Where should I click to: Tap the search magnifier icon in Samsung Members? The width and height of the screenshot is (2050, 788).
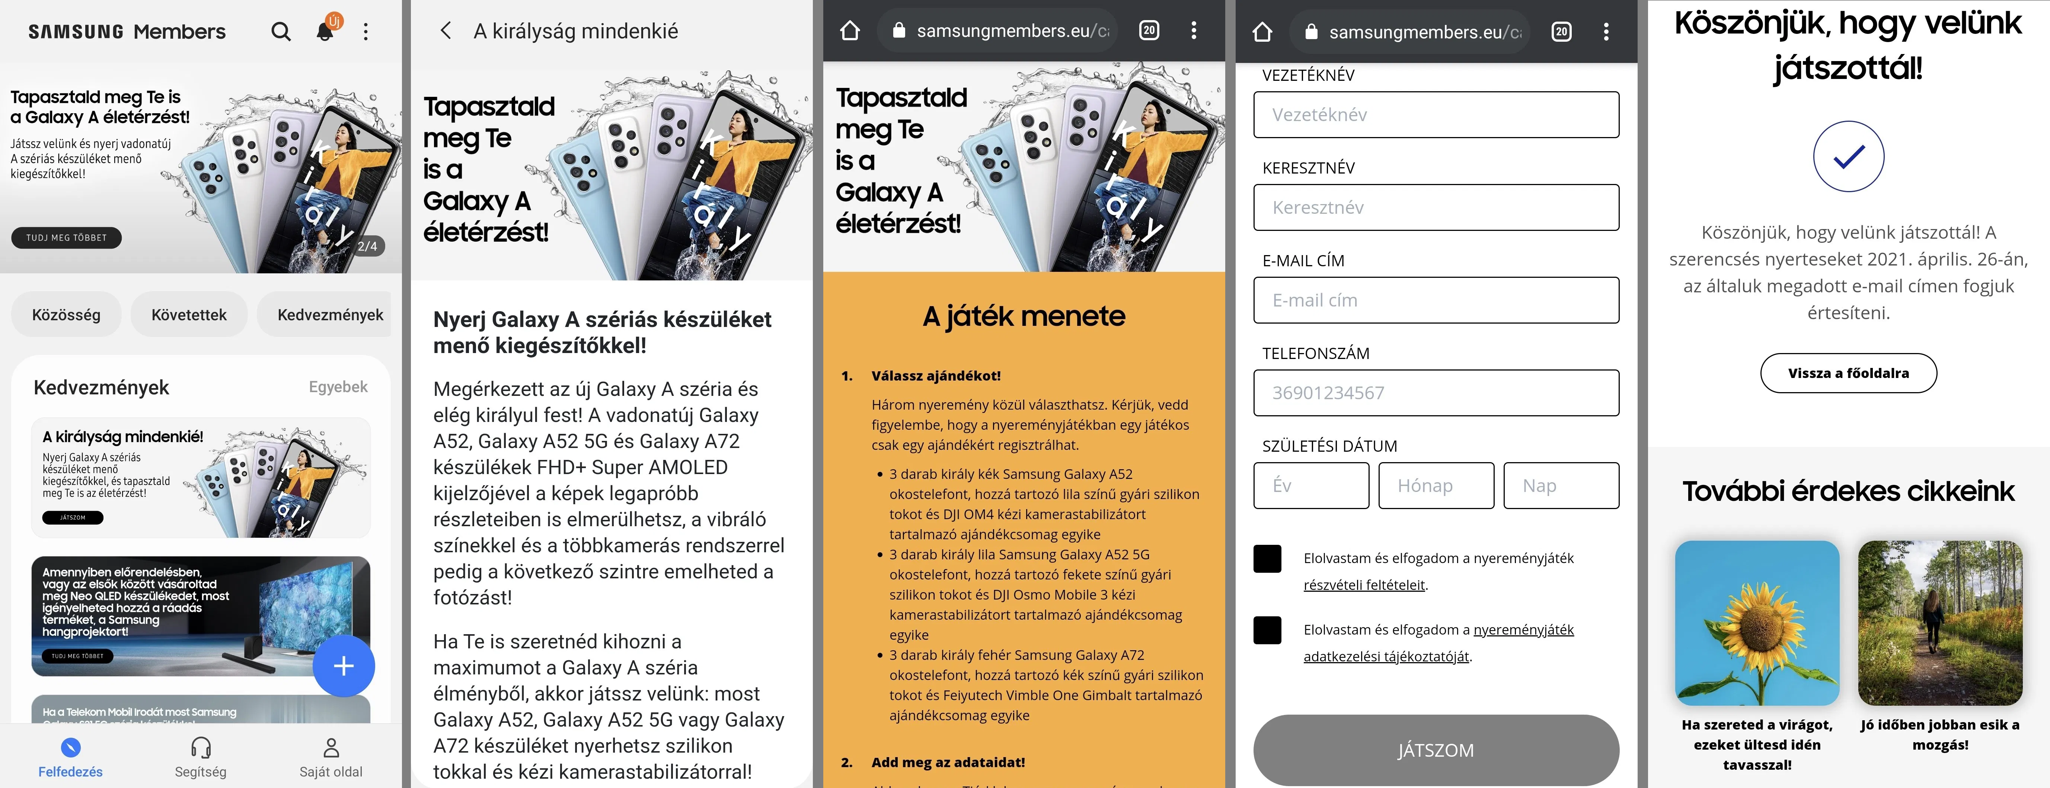coord(280,32)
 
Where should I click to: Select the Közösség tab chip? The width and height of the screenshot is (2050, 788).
coord(66,314)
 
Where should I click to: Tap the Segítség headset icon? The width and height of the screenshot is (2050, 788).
coord(201,748)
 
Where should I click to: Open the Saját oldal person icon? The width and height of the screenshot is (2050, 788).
coord(331,748)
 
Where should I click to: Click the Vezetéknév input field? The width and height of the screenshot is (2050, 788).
coord(1436,115)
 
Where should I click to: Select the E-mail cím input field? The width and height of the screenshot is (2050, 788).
coord(1436,300)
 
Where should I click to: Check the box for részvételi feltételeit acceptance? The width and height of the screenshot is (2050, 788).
coord(1267,559)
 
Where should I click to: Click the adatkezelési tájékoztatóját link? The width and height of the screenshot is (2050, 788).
coord(1386,657)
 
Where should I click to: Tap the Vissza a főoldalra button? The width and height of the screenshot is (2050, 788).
coord(1848,373)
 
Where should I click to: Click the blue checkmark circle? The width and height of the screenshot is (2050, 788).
coord(1848,157)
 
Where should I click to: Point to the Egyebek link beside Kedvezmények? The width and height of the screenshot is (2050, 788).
coord(338,387)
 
